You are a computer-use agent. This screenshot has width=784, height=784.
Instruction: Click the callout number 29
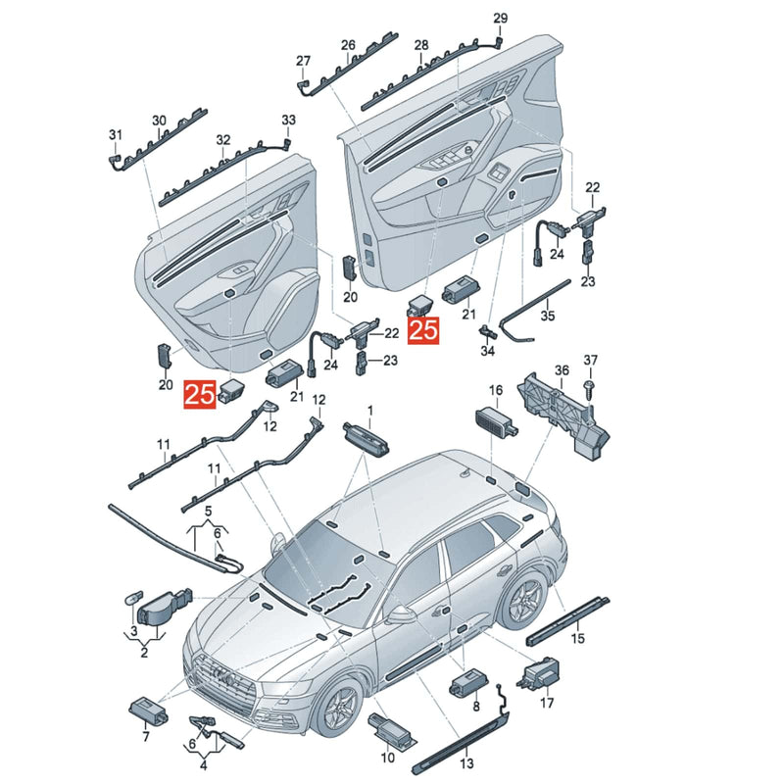[x=500, y=19]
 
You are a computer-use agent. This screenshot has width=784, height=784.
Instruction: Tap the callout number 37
[x=591, y=360]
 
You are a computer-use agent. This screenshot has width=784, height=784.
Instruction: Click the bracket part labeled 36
[x=563, y=415]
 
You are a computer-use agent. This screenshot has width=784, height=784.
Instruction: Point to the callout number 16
[x=496, y=390]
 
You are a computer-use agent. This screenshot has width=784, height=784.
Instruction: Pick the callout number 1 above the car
[x=370, y=411]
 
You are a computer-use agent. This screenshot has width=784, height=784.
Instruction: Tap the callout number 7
[x=145, y=736]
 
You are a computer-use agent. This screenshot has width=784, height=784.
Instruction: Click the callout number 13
[x=466, y=763]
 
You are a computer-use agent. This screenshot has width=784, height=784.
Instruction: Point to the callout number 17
[x=547, y=703]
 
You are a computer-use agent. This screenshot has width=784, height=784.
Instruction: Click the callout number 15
[x=577, y=638]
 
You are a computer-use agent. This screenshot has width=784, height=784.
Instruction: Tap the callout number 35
[x=548, y=316]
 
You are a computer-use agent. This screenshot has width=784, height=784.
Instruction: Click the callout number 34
[x=487, y=351]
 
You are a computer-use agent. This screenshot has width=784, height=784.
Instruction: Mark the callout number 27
[x=303, y=61]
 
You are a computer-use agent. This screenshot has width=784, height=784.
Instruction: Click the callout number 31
[x=116, y=134]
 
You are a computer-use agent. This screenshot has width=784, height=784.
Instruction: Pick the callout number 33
[x=288, y=120]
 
